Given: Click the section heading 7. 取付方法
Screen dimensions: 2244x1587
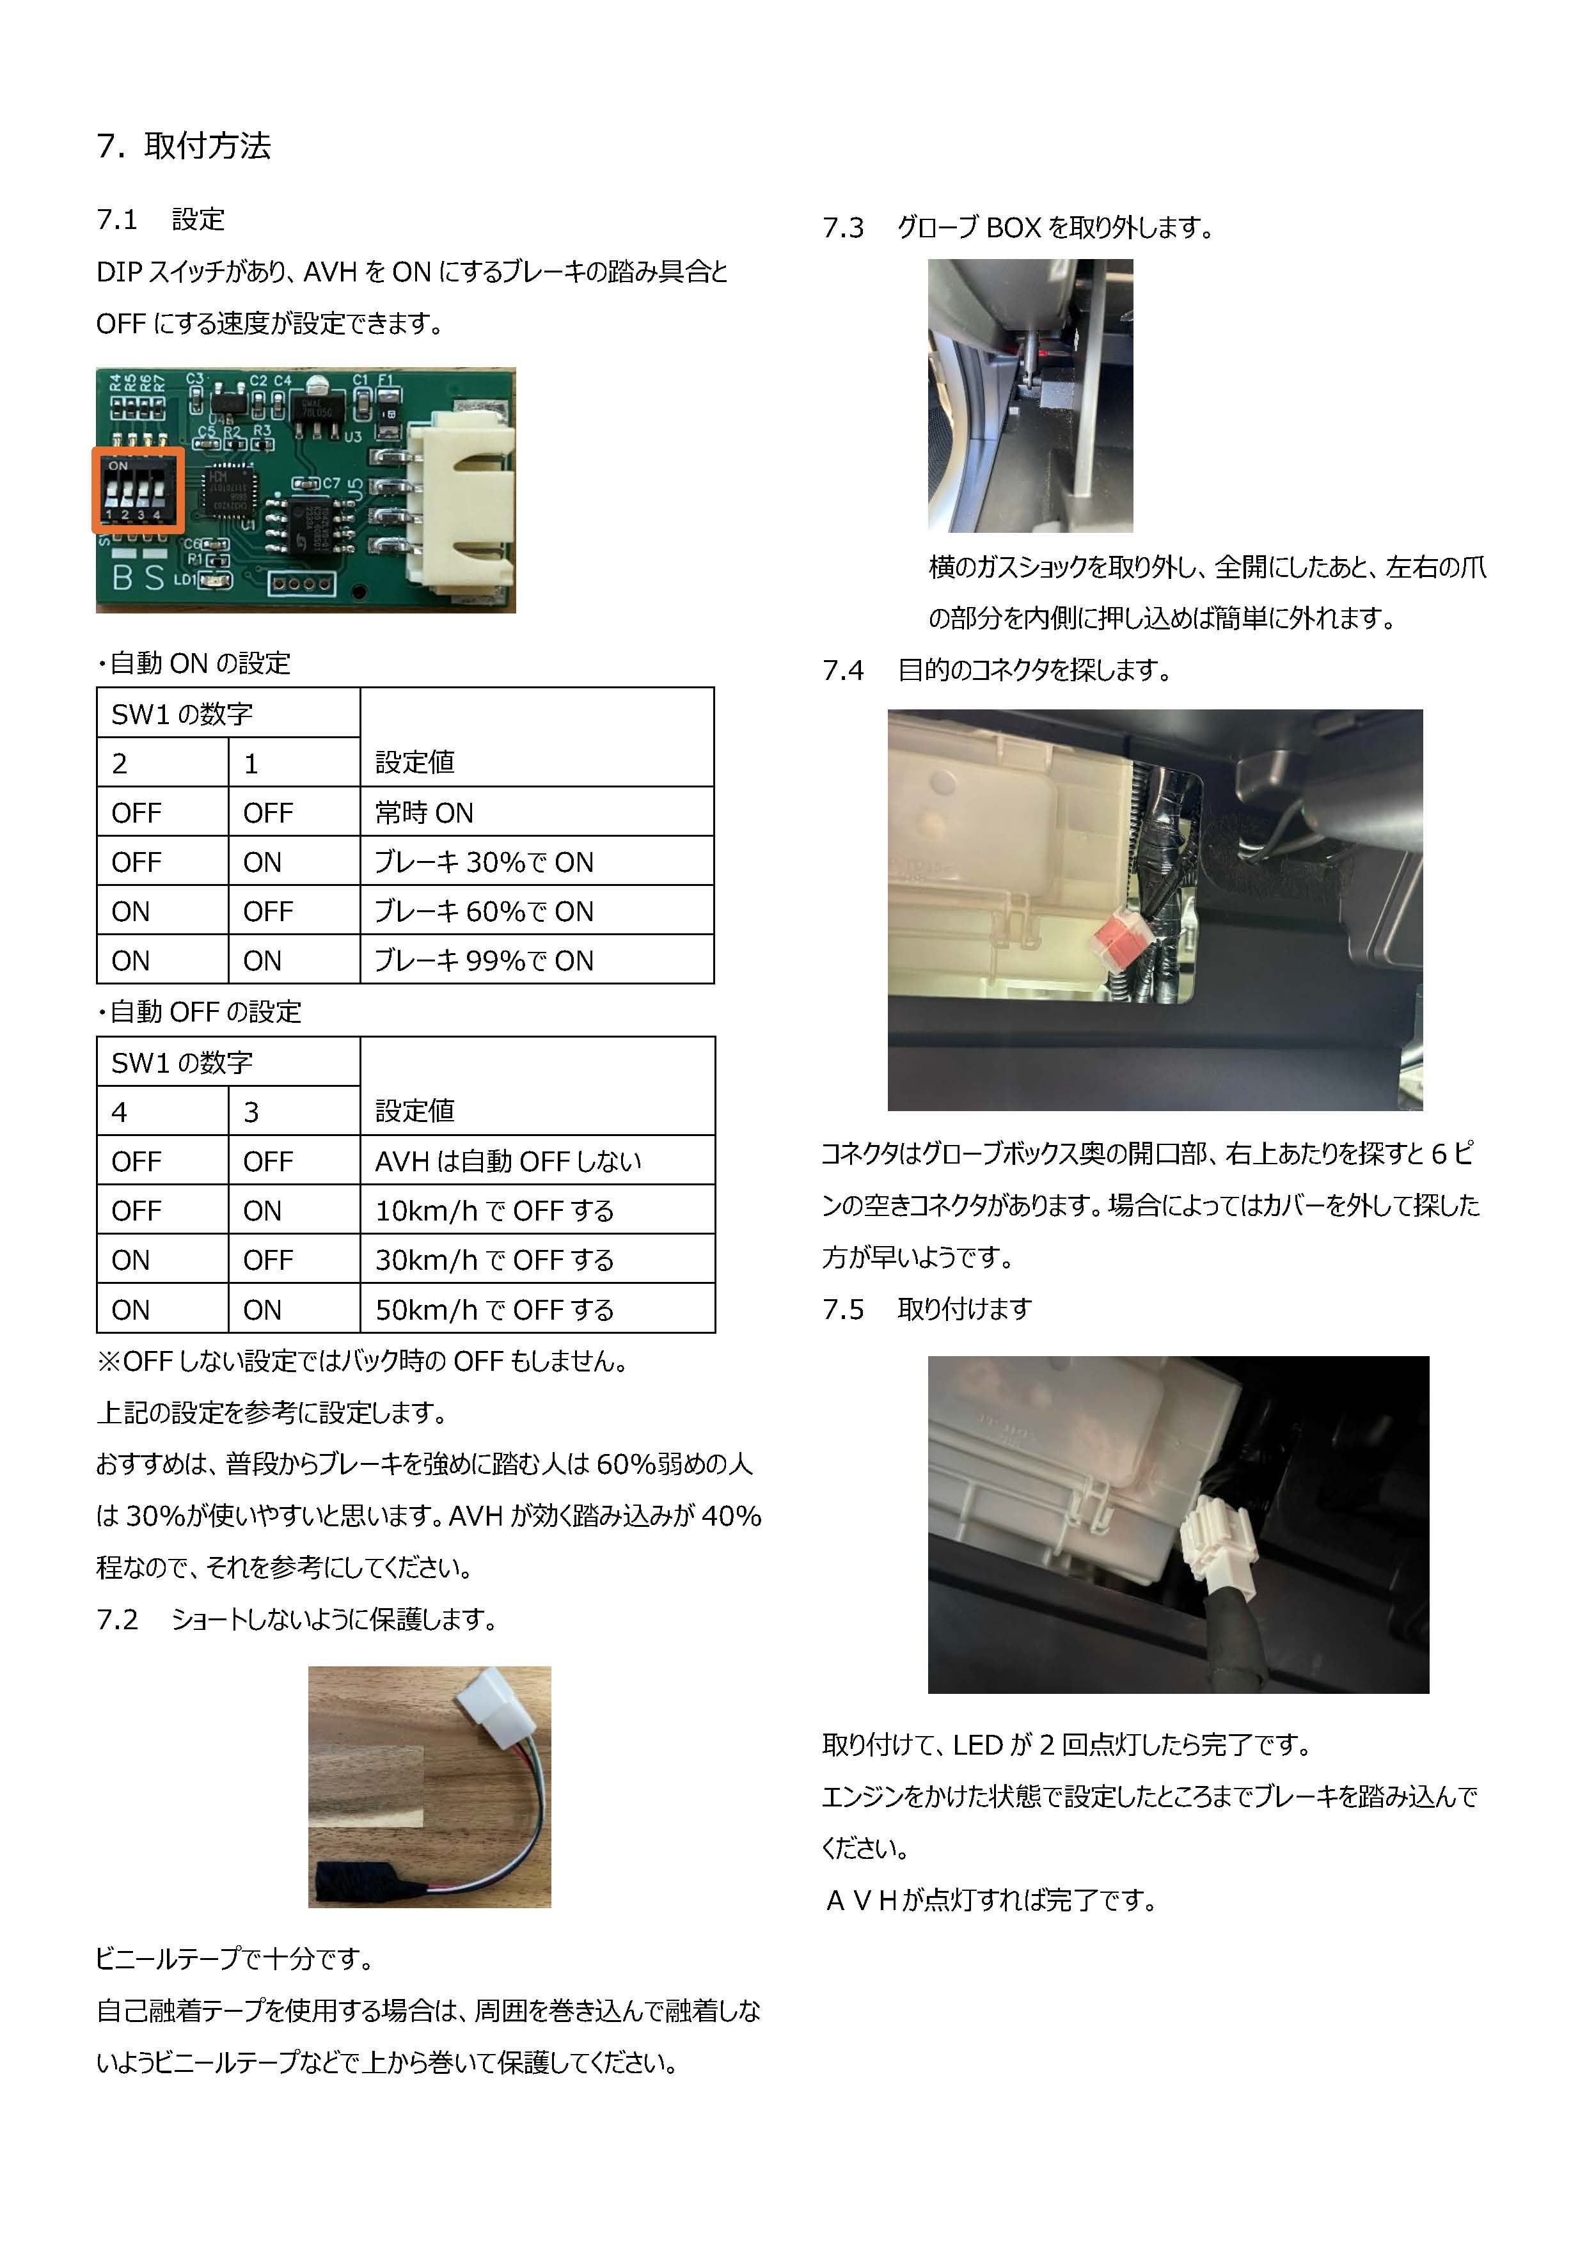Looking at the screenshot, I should (184, 146).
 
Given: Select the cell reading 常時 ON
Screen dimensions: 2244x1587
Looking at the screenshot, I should (424, 812).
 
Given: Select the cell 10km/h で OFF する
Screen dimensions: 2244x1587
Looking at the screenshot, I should (494, 1210).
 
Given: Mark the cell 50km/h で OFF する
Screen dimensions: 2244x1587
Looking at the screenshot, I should (494, 1309).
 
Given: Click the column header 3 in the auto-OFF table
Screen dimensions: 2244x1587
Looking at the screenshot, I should (251, 1111).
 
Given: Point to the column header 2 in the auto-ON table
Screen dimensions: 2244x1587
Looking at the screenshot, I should (119, 763).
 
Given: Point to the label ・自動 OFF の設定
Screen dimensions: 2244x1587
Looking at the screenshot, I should (200, 1011).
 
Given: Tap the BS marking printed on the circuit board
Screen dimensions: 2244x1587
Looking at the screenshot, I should (138, 576).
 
